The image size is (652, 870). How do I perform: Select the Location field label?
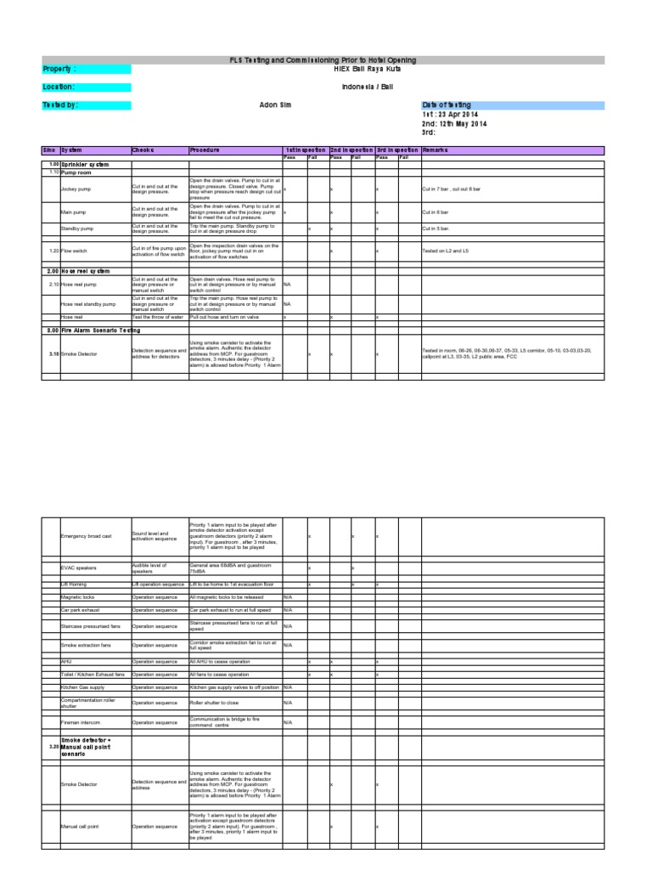(59, 87)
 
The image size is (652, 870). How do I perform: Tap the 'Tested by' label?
(60, 105)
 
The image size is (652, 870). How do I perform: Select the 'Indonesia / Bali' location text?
(366, 87)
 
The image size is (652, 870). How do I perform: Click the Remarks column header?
(435, 150)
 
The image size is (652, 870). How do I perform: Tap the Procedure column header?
(206, 150)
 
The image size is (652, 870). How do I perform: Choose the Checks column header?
(143, 150)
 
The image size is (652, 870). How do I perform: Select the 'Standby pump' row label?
(77, 229)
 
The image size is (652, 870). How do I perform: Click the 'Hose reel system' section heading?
(86, 271)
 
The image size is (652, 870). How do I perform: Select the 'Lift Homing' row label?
(74, 585)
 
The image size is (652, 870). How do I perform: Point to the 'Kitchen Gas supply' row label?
(82, 686)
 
